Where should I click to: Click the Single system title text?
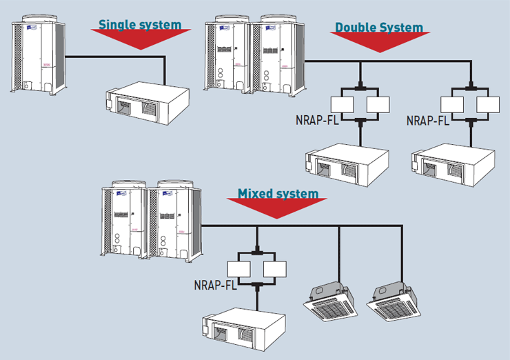140,25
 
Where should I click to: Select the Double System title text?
378,28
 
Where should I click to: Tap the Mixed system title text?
278,194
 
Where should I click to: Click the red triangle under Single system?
140,41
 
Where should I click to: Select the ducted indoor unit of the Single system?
145,103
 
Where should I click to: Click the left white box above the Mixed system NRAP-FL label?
239,270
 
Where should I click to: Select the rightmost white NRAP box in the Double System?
488,105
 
